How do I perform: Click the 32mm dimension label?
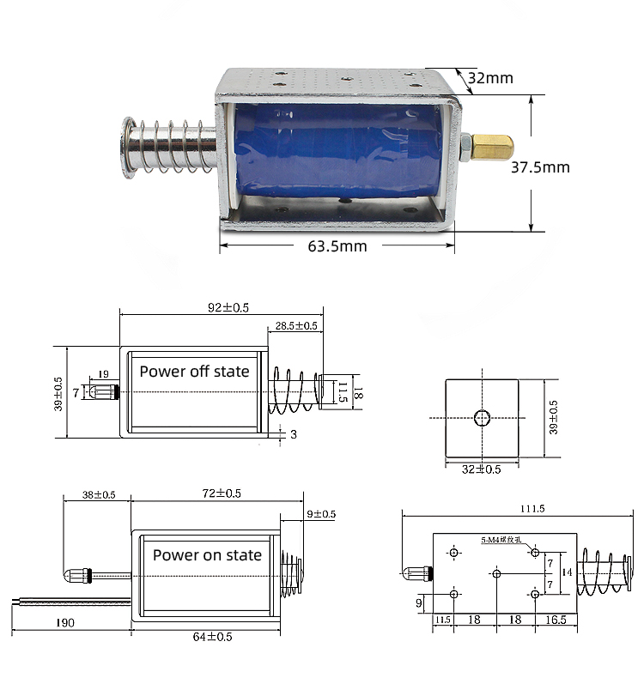point(490,78)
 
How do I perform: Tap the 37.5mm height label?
point(540,167)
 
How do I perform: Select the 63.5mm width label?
point(337,246)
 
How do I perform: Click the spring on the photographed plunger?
point(172,146)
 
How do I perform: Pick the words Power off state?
point(194,372)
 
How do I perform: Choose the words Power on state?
point(207,555)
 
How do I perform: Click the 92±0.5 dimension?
point(220,307)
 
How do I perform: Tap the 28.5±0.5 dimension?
point(296,326)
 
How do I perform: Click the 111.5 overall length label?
point(520,508)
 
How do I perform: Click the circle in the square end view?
point(483,418)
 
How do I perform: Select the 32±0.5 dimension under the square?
point(482,469)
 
